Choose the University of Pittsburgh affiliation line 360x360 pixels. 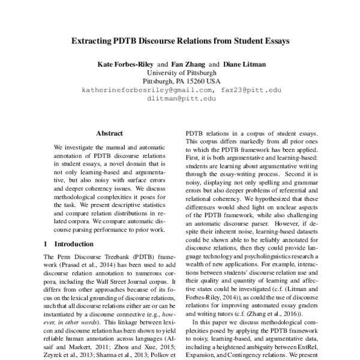(x=181, y=72)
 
